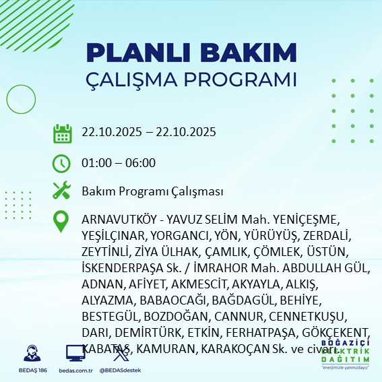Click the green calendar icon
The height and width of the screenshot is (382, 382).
click(63, 133)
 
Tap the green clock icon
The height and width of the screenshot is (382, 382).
click(63, 163)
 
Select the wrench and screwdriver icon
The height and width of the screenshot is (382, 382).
click(63, 192)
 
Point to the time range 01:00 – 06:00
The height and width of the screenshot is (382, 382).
click(119, 163)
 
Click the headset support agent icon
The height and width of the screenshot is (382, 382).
click(31, 354)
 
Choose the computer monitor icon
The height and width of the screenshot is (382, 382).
click(74, 354)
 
